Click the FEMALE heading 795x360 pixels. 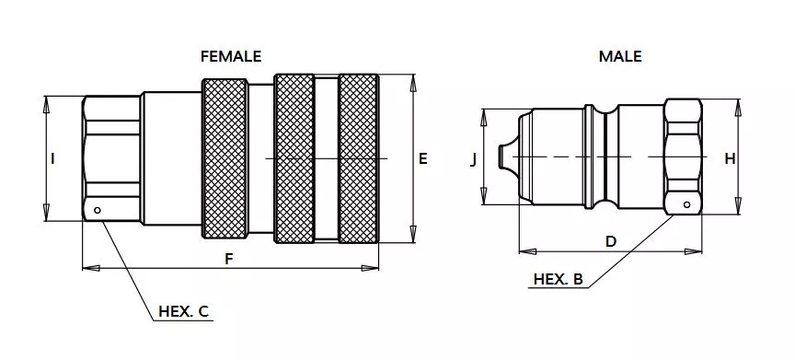coord(231,56)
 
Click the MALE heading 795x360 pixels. coord(620,56)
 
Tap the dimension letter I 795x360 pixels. coord(52,159)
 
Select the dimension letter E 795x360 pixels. coord(423,158)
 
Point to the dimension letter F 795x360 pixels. coord(229,259)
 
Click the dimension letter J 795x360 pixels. coord(474,159)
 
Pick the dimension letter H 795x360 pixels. coord(730,159)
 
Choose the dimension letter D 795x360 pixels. coord(611,242)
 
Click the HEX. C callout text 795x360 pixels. coord(183,311)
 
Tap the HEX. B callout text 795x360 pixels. coord(559,279)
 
